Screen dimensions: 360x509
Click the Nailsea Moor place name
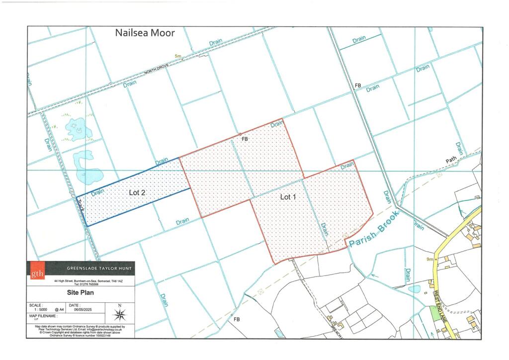pos(145,33)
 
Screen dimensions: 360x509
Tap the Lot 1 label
pos(288,197)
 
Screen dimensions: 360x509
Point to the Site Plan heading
pos(80,293)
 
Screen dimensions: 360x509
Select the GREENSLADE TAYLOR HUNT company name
pos(99,269)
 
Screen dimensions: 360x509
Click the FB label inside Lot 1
pos(245,140)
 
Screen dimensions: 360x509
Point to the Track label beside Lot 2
pos(82,206)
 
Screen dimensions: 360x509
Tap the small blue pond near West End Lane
pos(414,289)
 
